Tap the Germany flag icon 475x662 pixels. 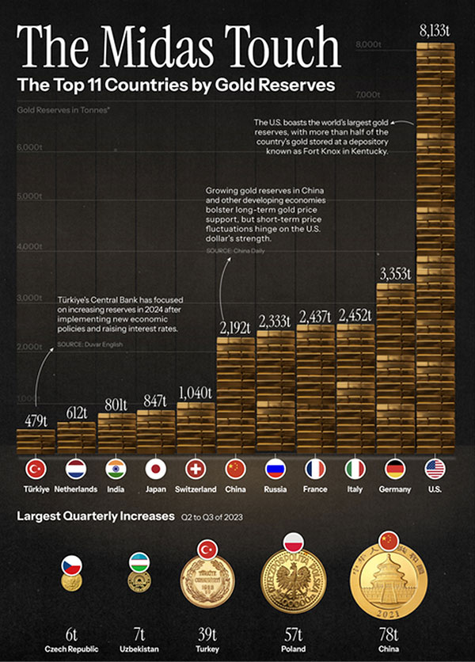pyautogui.click(x=394, y=469)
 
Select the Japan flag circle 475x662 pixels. pyautogui.click(x=155, y=469)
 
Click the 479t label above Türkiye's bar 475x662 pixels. pyautogui.click(x=36, y=420)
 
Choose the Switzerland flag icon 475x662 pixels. pyautogui.click(x=195, y=469)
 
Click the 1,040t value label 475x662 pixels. pyautogui.click(x=195, y=392)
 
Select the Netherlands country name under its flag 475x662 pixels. pyautogui.click(x=76, y=489)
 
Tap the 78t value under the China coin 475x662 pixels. pyautogui.click(x=388, y=633)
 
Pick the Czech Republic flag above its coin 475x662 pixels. pyautogui.click(x=71, y=565)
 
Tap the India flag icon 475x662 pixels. pyautogui.click(x=116, y=469)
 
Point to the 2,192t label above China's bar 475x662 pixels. pyautogui.click(x=235, y=325)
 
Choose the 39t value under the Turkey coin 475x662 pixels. pyautogui.click(x=207, y=633)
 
